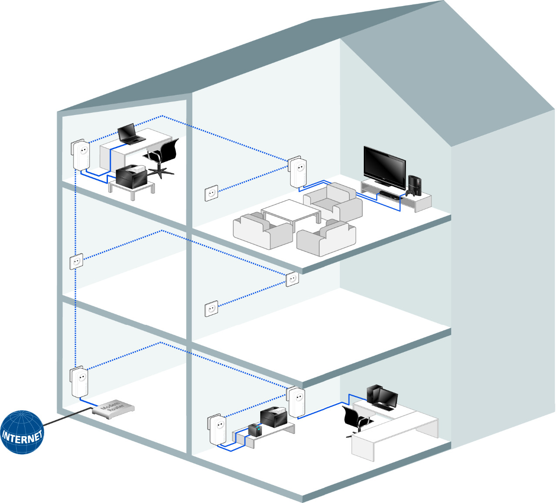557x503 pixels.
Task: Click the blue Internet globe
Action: tap(22, 432)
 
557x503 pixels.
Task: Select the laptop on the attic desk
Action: tap(130, 134)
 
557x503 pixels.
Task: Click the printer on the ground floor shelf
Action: tap(274, 417)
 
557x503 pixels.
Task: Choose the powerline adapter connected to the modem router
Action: tap(80, 382)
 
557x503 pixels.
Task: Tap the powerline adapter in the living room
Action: tap(298, 172)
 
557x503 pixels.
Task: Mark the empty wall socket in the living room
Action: tap(211, 192)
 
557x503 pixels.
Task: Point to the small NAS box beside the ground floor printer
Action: tap(255, 430)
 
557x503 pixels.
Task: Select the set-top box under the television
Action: tap(389, 193)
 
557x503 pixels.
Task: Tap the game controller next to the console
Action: tap(409, 192)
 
